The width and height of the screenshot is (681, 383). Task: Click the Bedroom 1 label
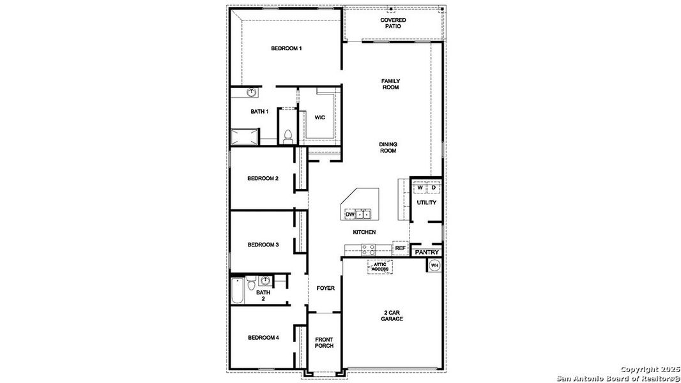286,49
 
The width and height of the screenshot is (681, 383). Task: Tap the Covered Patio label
393,23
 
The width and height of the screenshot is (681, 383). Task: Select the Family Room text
390,84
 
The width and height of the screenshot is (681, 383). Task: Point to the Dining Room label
388,147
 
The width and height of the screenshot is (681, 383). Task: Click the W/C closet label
319,117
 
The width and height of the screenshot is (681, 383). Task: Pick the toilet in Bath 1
287,135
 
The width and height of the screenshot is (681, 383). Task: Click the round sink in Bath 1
252,93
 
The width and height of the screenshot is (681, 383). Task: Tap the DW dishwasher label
349,214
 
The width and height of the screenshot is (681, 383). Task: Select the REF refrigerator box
401,248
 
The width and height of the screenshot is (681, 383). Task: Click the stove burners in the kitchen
368,249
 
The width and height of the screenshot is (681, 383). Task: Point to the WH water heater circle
434,265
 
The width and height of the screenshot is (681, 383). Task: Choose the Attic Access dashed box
380,267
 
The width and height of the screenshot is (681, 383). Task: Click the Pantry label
426,252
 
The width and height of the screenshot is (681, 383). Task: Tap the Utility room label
426,202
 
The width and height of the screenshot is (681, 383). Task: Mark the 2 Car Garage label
392,315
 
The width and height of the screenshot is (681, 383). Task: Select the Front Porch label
324,342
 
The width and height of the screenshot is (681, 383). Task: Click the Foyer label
325,288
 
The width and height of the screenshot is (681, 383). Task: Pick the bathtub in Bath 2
237,292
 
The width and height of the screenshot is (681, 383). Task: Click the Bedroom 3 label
263,244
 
